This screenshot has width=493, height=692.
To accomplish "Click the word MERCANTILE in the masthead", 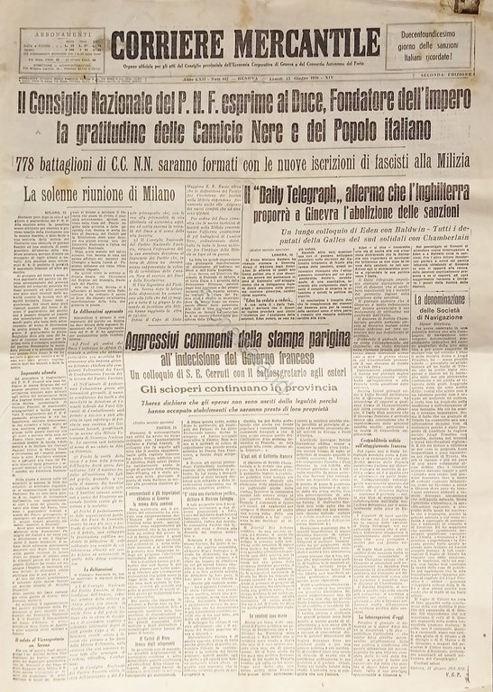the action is pyautogui.click(x=307, y=43).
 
